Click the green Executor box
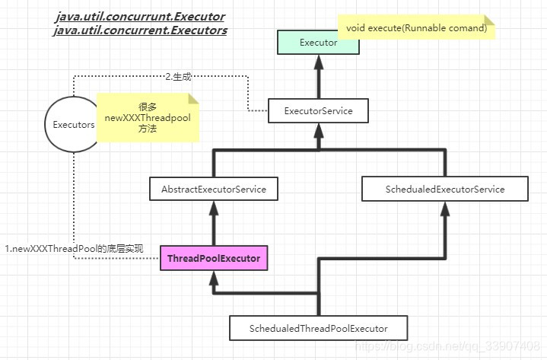[x=318, y=43]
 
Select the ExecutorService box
[x=318, y=111]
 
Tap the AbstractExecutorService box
[x=214, y=189]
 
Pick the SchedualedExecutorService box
[x=444, y=189]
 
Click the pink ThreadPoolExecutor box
[x=214, y=259]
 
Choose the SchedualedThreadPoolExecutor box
[x=318, y=328]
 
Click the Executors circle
[x=73, y=124]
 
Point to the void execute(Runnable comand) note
[x=416, y=28]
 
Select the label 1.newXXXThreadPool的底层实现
[x=74, y=249]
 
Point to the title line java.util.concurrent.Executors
[x=141, y=31]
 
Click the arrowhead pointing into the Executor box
[x=318, y=61]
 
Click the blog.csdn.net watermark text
[x=448, y=347]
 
